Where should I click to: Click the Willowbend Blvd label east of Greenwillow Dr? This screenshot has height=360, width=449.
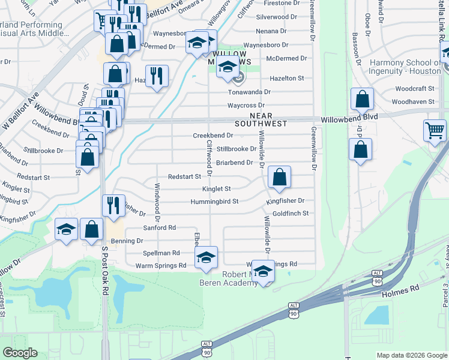(x=349, y=118)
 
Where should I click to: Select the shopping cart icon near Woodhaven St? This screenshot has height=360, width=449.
(x=435, y=131)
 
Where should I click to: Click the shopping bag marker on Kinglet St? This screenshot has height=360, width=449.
(x=279, y=177)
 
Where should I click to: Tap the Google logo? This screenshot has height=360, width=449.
(x=19, y=353)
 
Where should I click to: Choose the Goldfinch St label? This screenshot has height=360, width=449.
(x=290, y=213)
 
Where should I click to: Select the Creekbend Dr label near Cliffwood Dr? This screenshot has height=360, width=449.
(x=212, y=136)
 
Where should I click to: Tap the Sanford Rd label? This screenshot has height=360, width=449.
(x=159, y=227)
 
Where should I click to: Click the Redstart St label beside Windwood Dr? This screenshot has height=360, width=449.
(x=184, y=176)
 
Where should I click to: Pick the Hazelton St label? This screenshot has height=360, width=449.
(x=286, y=78)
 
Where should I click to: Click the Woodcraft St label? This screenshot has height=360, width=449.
(x=411, y=88)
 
